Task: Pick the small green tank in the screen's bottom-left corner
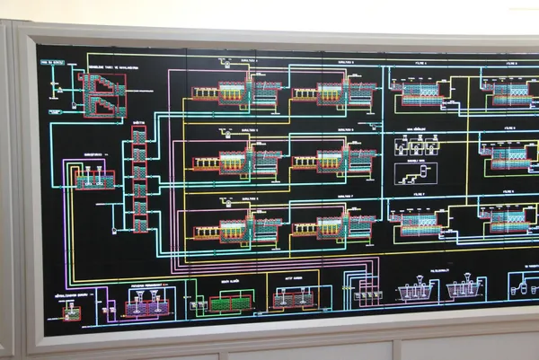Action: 74,310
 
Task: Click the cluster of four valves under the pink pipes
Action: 365,290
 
